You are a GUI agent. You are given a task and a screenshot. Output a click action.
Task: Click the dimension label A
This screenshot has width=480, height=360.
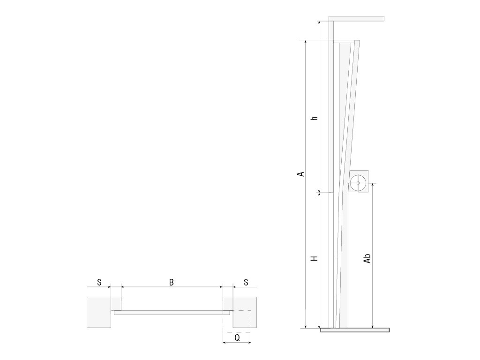click(x=301, y=174)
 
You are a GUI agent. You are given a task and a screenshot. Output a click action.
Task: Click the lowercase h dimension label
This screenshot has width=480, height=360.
click(x=315, y=118)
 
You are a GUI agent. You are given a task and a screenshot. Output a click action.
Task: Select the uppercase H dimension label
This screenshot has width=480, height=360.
click(x=315, y=259)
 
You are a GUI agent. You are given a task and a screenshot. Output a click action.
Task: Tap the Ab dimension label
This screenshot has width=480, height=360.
click(x=367, y=258)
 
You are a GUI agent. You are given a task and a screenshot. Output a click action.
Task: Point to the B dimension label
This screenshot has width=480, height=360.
click(x=172, y=282)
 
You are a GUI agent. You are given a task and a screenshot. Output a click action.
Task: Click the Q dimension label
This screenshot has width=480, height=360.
click(x=237, y=338)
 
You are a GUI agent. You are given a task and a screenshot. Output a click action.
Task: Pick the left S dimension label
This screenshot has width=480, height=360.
click(x=99, y=282)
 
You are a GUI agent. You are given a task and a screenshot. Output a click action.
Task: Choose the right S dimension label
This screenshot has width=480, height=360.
click(x=246, y=282)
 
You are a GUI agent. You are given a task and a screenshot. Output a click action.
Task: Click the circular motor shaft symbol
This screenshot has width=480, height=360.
click(x=358, y=183)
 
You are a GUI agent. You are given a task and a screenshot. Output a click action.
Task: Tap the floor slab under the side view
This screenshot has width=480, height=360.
click(x=355, y=330)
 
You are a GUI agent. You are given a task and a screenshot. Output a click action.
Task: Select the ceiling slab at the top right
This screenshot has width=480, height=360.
click(x=357, y=19)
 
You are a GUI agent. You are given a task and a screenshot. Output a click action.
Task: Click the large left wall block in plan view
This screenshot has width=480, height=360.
click(x=99, y=312)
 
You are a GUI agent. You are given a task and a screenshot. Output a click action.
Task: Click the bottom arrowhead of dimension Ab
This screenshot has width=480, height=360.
click(x=372, y=326)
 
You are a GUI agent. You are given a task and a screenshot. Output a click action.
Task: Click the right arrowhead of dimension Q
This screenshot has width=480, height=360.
click(x=249, y=342)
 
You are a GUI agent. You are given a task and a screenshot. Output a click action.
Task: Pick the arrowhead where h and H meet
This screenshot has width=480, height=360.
click(x=319, y=193)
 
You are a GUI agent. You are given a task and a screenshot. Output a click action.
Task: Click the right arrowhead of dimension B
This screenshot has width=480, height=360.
click(x=220, y=287)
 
